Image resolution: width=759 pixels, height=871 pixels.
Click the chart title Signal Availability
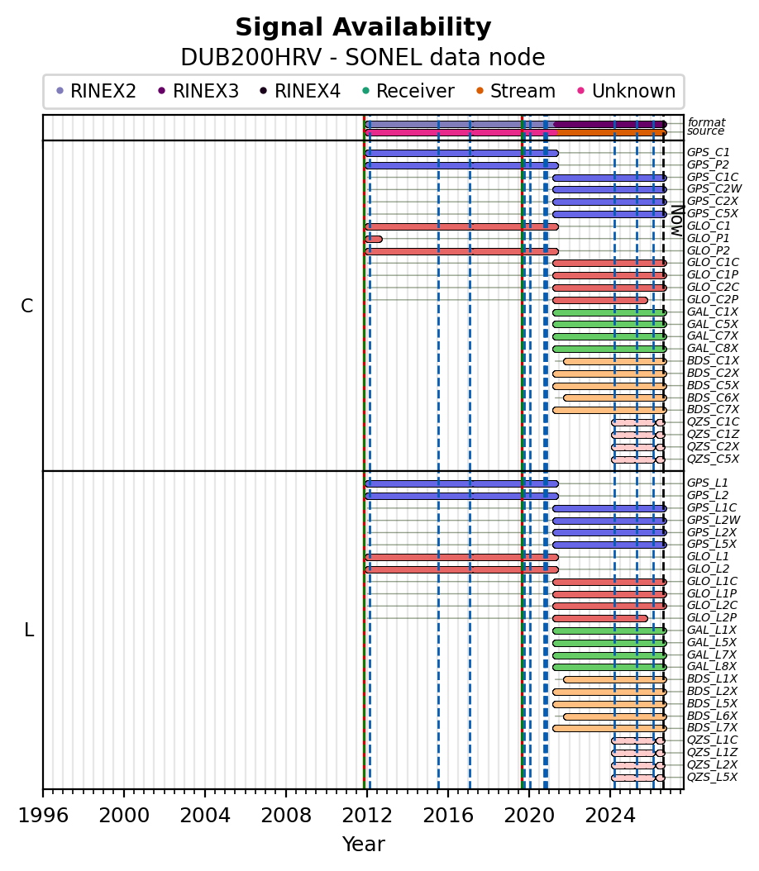(364, 27)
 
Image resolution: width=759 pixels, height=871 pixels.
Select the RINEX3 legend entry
(198, 91)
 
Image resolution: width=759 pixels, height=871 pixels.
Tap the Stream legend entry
(516, 91)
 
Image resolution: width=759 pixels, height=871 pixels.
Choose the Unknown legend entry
(627, 91)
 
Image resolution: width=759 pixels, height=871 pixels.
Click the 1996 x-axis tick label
(43, 815)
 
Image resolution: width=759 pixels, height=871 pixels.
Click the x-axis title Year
(364, 844)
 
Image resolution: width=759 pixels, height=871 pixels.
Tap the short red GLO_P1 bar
(374, 239)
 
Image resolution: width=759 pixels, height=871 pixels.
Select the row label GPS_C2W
(714, 189)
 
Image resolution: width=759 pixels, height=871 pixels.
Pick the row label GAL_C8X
(713, 348)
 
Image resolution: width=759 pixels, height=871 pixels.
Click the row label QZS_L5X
(713, 777)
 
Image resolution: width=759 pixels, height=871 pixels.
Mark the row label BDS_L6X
(713, 716)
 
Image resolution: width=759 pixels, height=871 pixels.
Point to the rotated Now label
(677, 221)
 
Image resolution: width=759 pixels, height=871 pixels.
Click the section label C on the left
(26, 306)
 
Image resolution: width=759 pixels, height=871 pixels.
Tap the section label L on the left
(29, 630)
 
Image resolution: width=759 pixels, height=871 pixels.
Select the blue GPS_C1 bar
(461, 154)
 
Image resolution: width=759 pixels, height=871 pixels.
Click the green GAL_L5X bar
(609, 643)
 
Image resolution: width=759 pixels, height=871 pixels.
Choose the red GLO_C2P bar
(600, 300)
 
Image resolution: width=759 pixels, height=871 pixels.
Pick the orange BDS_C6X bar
(615, 397)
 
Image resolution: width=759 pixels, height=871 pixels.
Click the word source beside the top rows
(705, 131)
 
